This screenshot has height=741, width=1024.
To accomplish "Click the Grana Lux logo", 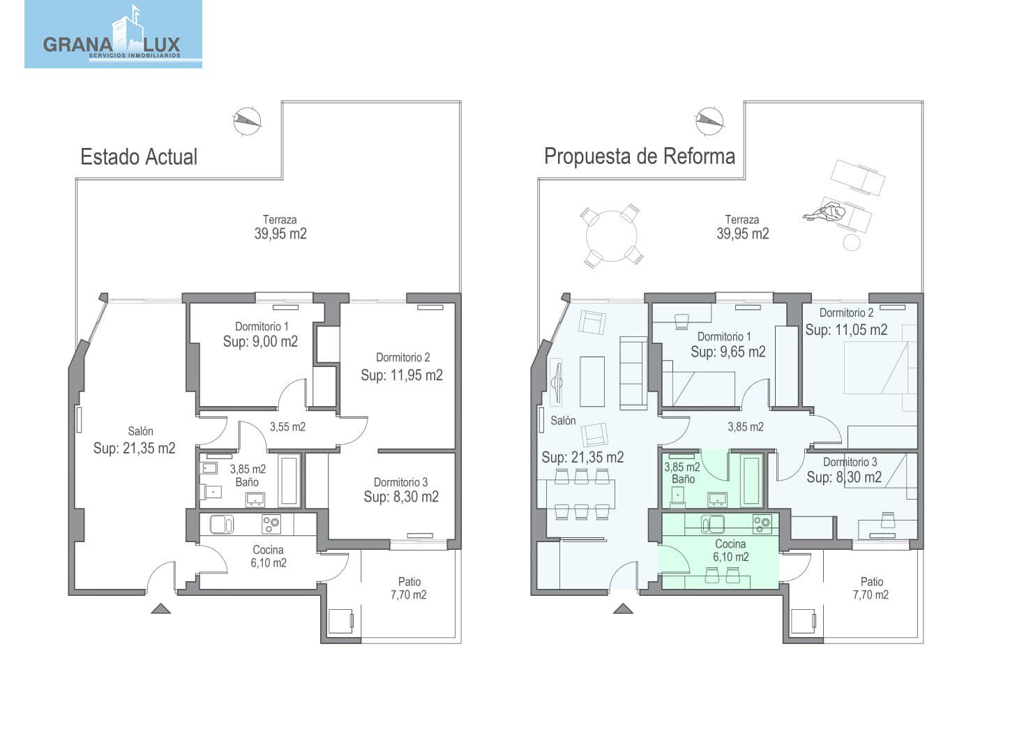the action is tap(114, 34).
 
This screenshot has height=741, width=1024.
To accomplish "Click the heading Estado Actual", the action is tap(139, 157).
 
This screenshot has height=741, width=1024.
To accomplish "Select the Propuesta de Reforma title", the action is tap(640, 156).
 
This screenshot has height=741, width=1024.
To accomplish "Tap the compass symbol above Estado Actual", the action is tap(248, 121).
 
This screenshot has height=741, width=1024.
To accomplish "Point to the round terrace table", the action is tap(612, 236).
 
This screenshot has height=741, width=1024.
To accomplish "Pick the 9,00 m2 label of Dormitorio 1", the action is tap(260, 342).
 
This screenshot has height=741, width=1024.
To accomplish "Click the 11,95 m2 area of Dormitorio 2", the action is tap(402, 375).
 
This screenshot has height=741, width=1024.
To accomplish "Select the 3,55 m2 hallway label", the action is tap(287, 427).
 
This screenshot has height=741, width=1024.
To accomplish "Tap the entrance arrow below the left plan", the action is tap(161, 608).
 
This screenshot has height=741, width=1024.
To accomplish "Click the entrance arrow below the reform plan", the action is tap(623, 608).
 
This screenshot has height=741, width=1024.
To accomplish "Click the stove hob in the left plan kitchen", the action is tap(271, 524).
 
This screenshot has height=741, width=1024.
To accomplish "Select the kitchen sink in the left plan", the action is tap(222, 525).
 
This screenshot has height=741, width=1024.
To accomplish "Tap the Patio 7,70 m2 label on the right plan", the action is tap(871, 588).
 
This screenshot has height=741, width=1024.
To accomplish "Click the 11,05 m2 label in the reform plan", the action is tap(846, 330).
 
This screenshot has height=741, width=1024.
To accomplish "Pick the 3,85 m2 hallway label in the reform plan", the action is tap(746, 427).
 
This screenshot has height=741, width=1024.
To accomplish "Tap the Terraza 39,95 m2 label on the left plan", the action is tap(280, 227).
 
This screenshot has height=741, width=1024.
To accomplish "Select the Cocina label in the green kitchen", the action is tap(730, 544).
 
